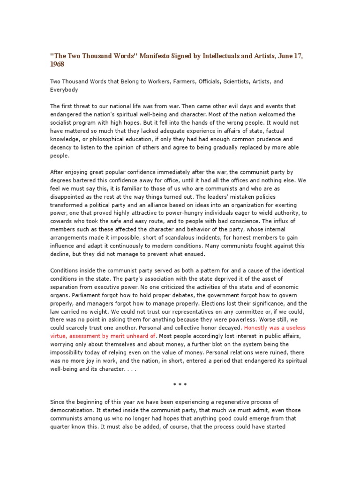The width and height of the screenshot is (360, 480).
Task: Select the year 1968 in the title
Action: tap(57, 64)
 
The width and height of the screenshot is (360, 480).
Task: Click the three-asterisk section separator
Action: tap(180, 386)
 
